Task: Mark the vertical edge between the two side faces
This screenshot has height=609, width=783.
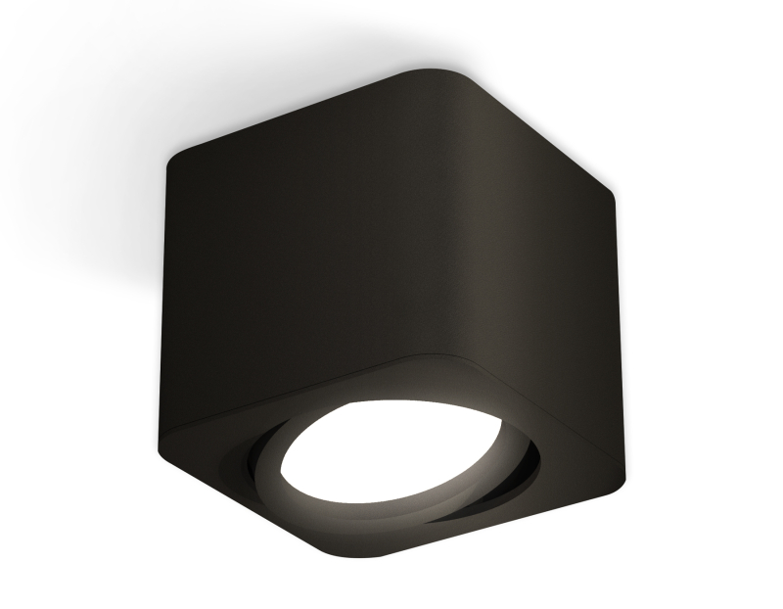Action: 470,245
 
